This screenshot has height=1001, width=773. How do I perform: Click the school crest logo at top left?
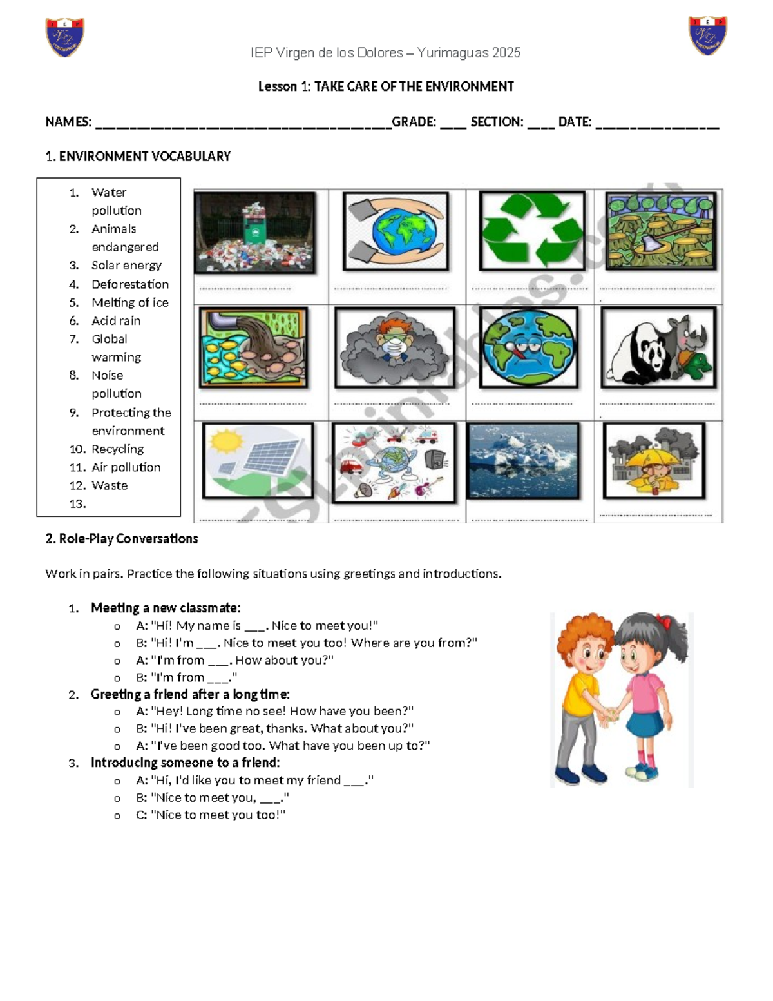point(64,37)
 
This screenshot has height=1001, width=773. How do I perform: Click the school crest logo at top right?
point(707,36)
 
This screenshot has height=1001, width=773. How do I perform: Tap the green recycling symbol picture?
point(531,231)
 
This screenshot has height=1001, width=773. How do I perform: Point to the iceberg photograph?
point(522,460)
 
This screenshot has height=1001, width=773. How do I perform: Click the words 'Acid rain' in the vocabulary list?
point(116,320)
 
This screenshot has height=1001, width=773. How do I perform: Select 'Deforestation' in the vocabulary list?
point(130,284)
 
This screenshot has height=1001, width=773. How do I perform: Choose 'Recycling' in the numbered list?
point(117,449)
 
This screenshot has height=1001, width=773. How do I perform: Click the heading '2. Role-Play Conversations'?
point(122,539)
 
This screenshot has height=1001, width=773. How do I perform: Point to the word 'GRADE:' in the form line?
point(414,122)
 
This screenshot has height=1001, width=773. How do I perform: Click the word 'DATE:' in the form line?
point(575,122)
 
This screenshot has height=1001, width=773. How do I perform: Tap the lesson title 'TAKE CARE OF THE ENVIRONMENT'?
point(414,86)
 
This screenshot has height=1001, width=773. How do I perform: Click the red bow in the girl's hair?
point(663,622)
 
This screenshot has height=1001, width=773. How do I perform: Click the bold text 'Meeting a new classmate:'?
point(166,608)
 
